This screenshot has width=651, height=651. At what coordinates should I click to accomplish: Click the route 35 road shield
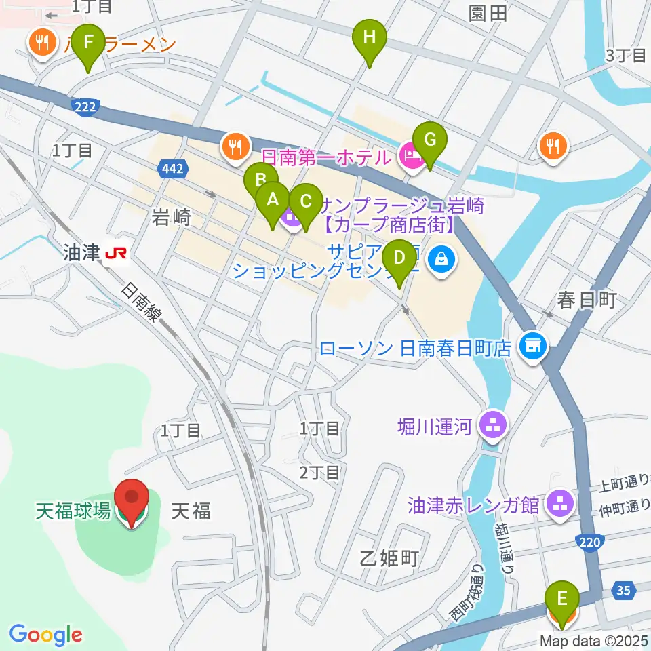tap(624, 590)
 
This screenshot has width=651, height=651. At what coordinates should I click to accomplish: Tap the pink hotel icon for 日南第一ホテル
tap(412, 157)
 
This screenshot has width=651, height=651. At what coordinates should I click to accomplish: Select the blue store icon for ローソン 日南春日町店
tap(532, 345)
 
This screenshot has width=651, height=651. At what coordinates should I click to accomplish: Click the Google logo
tap(46, 635)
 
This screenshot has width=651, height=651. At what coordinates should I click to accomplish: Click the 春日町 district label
tap(587, 300)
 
